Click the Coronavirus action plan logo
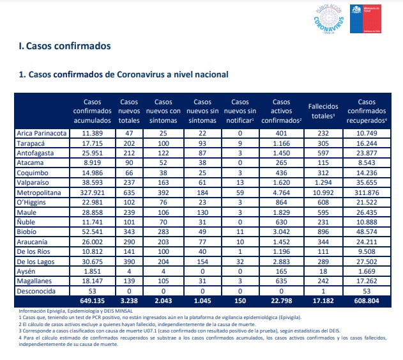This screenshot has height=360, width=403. (x=329, y=19)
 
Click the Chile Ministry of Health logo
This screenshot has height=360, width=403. (x=365, y=19)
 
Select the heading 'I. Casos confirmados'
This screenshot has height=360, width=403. (x=65, y=46)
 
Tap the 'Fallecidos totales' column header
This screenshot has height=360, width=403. (x=323, y=111)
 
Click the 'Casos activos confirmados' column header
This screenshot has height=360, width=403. (x=282, y=111)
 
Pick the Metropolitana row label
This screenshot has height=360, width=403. (x=39, y=192)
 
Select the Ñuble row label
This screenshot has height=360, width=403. (x=26, y=222)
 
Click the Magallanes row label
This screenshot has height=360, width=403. (x=34, y=281)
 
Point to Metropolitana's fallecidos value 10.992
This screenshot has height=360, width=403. (x=323, y=192)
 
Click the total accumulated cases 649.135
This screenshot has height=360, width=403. (x=92, y=301)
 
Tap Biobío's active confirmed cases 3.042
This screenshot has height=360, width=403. (x=282, y=231)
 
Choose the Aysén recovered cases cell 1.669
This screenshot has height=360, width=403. (x=367, y=271)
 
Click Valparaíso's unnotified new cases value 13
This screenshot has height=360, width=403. (x=240, y=182)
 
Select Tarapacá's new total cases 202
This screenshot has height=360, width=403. (x=129, y=143)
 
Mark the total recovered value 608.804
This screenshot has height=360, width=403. (x=367, y=301)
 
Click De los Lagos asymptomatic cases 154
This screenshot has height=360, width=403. (x=202, y=262)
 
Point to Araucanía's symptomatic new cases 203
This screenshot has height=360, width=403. (x=163, y=242)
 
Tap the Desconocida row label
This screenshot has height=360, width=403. (x=36, y=291)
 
